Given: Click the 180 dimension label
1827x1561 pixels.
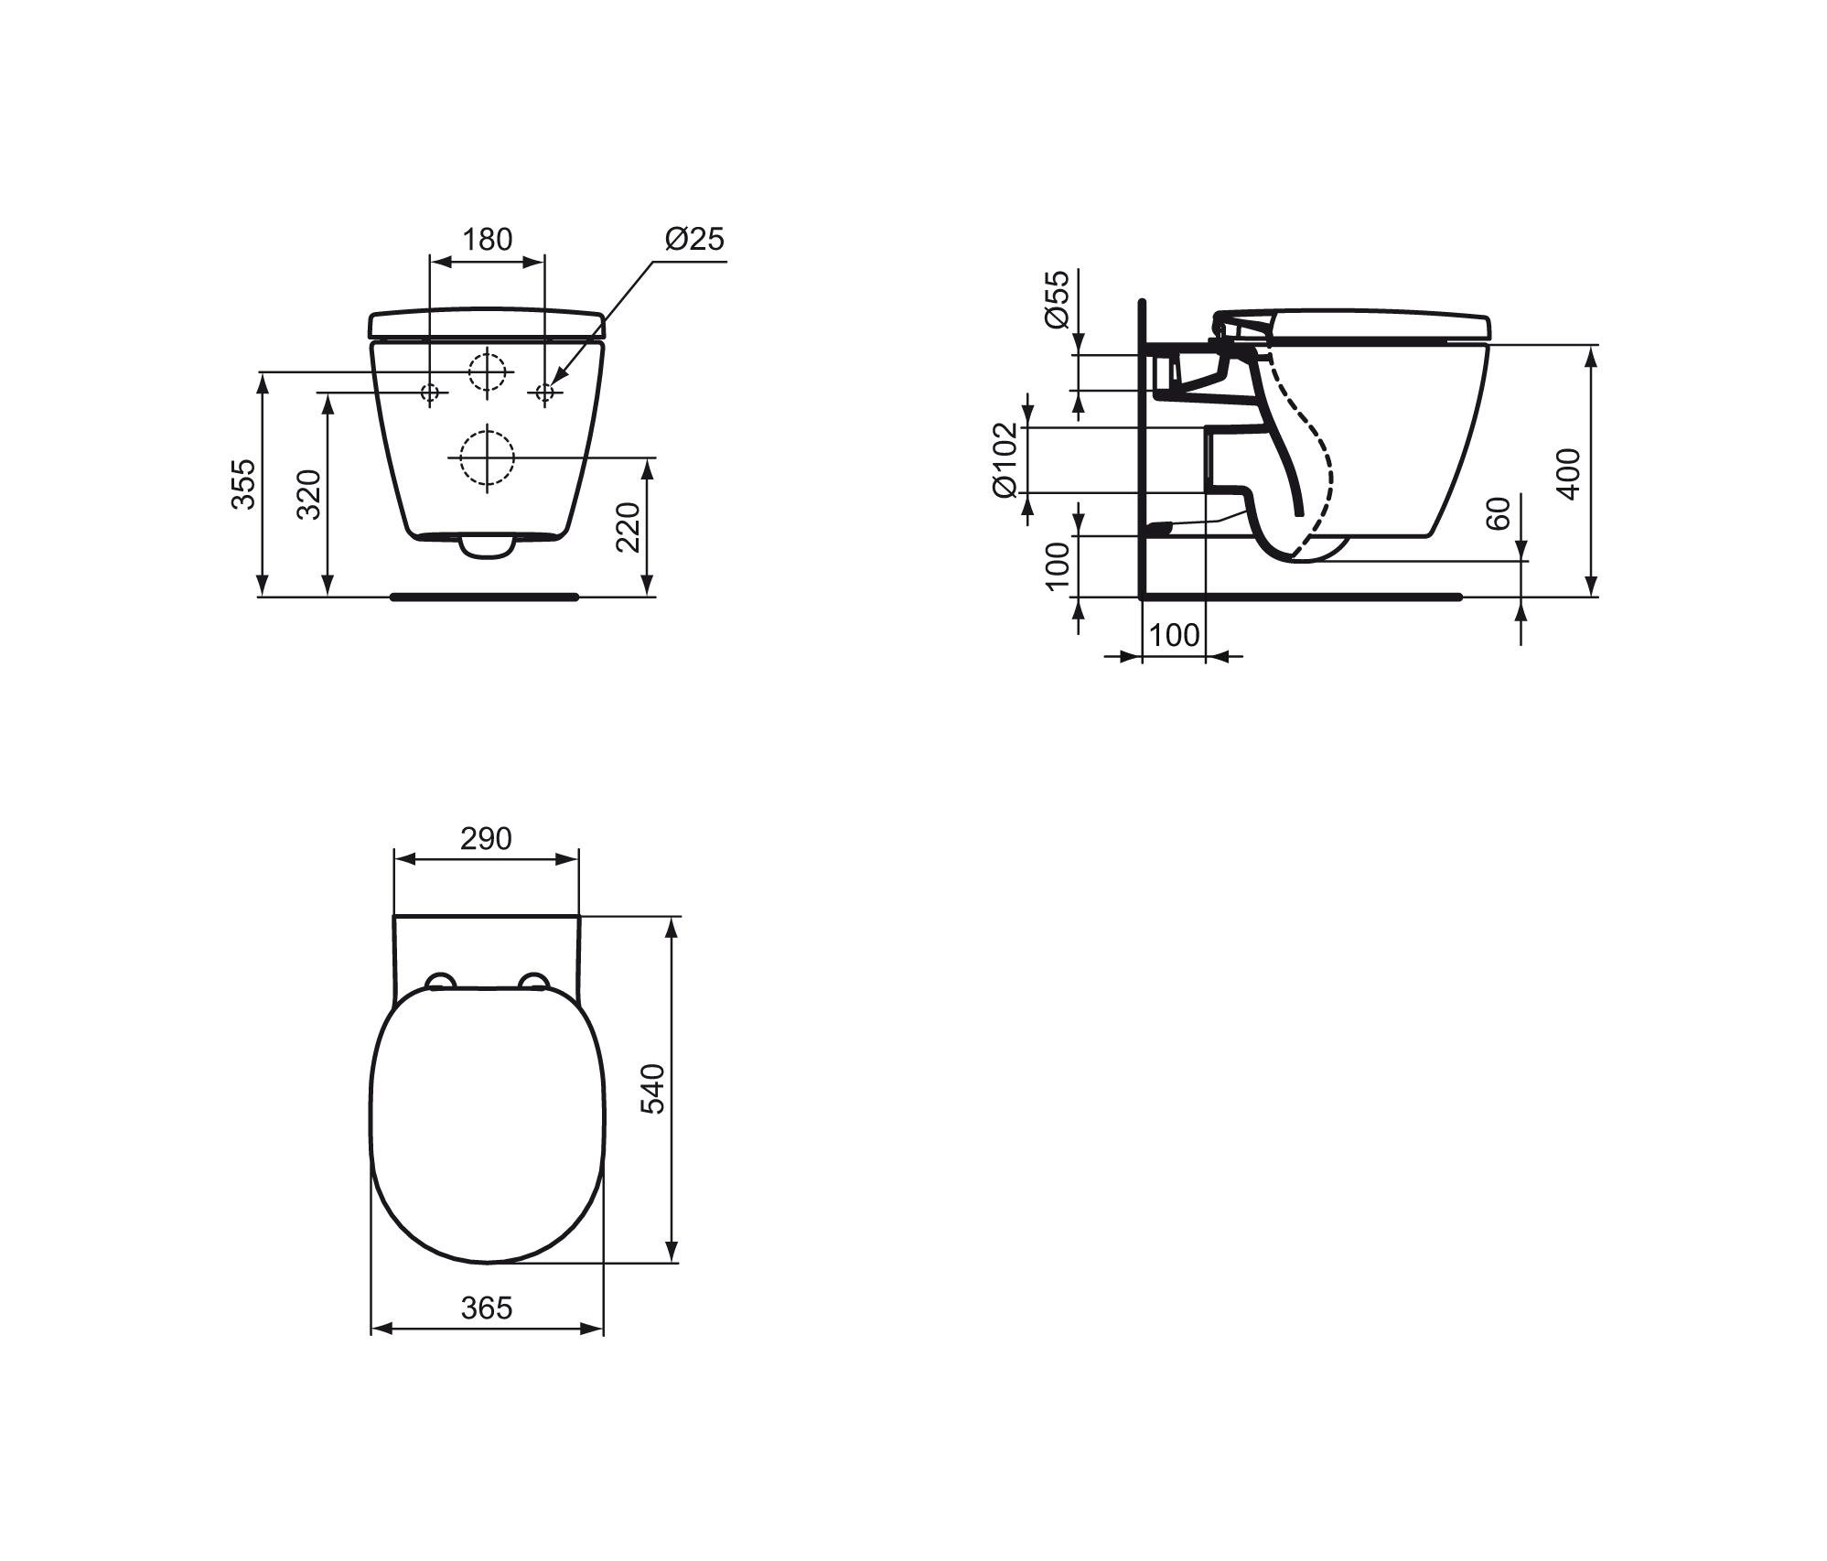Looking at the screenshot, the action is (x=487, y=240).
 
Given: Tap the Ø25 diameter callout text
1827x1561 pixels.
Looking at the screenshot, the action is (x=694, y=239).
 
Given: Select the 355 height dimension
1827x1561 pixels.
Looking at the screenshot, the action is (x=243, y=484).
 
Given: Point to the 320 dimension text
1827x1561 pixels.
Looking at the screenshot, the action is (x=309, y=494).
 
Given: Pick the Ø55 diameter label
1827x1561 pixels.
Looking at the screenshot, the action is (x=1056, y=299).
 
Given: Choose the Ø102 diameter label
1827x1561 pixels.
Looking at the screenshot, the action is (x=1005, y=459).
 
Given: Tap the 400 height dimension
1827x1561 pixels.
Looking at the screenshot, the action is (x=1568, y=474).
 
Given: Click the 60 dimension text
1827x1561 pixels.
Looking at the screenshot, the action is (x=1499, y=513).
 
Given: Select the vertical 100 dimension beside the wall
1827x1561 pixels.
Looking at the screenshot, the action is (x=1057, y=567).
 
